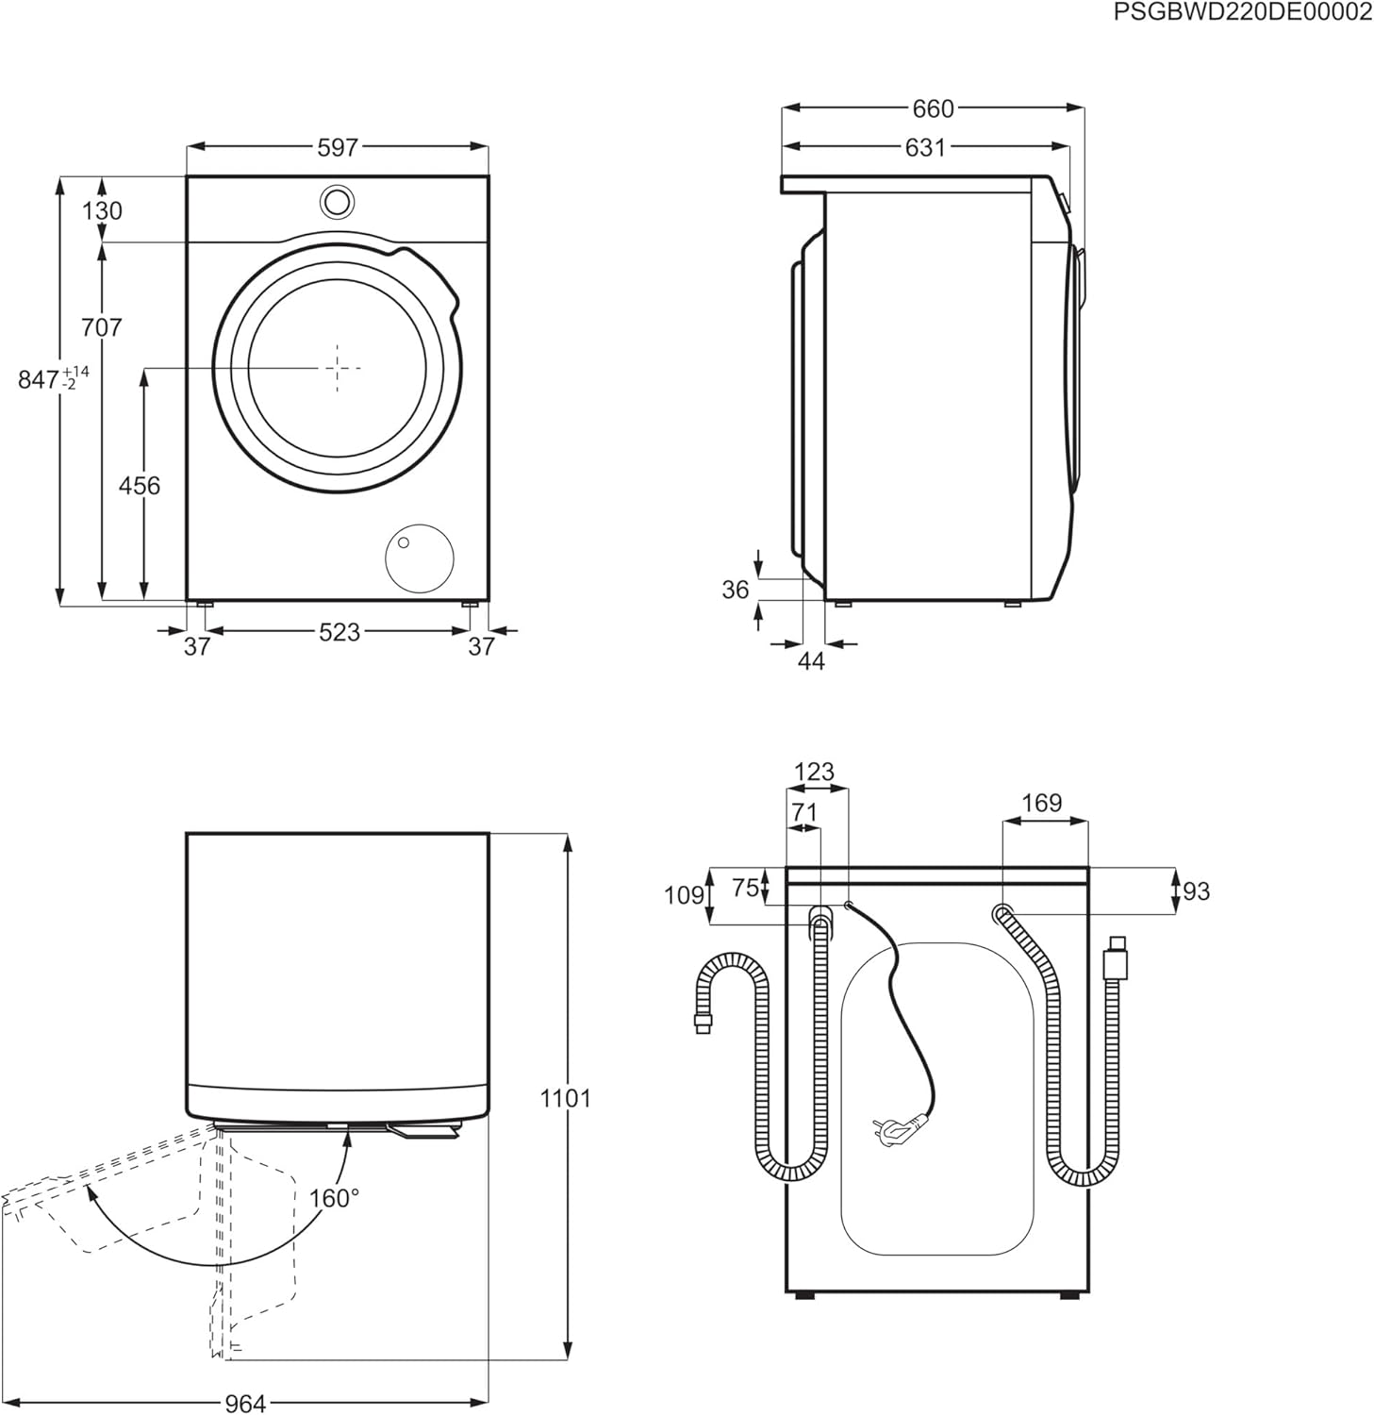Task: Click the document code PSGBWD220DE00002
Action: (x=1242, y=12)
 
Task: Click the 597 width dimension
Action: (x=338, y=147)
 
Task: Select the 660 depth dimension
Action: (x=932, y=109)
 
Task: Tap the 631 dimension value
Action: (x=924, y=147)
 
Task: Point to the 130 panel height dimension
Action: (x=102, y=210)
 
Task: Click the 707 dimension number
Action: (x=102, y=327)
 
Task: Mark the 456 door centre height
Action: (x=140, y=485)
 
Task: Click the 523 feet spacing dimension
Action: (x=339, y=632)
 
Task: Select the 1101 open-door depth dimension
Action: (x=566, y=1098)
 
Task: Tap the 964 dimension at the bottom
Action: (x=245, y=1404)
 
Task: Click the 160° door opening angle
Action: (x=335, y=1198)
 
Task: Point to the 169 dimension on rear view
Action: (x=1042, y=803)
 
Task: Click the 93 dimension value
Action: (x=1196, y=891)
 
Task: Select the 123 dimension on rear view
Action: (x=814, y=772)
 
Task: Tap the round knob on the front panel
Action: (x=337, y=201)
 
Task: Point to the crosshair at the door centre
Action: (x=338, y=367)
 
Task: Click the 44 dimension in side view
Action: (x=811, y=661)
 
